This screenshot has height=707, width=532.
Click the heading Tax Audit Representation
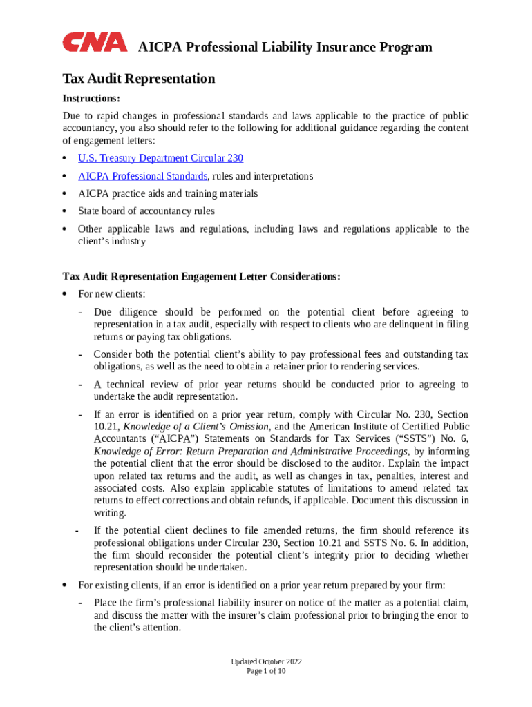139,79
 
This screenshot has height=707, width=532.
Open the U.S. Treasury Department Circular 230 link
160,158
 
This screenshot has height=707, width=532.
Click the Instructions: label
91,98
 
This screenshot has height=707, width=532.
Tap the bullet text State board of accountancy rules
146,211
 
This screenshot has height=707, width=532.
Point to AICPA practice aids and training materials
167,193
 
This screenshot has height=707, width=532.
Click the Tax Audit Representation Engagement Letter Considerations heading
201,276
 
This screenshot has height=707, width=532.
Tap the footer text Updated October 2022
266,661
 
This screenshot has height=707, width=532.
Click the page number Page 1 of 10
266,671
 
